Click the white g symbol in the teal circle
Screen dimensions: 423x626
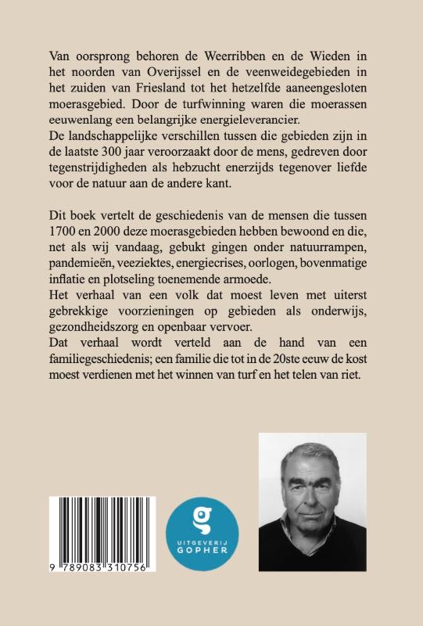coord(201,516)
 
